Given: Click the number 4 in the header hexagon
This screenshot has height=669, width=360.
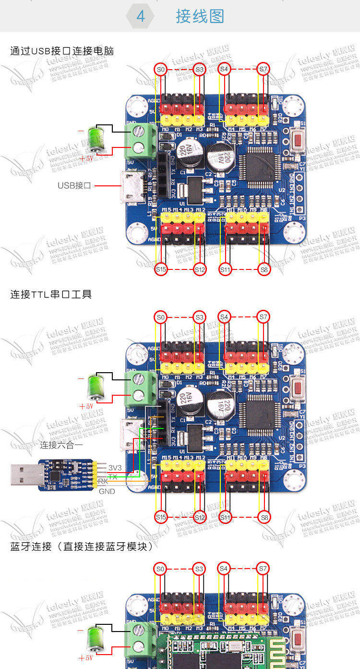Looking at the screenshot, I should (141, 16).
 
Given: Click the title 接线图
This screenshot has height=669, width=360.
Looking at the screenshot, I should (200, 16).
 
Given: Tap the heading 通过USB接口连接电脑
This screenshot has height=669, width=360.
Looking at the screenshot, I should (62, 51).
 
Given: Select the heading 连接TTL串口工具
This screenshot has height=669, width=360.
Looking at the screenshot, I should (51, 294).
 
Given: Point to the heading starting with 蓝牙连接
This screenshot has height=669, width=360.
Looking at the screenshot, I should (81, 547).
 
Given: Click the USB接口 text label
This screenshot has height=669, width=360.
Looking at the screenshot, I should (74, 185).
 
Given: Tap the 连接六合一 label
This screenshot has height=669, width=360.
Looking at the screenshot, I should (61, 445).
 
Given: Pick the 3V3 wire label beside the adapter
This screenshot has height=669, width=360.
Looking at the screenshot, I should (115, 467).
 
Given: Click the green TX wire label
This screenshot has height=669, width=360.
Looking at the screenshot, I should (113, 476).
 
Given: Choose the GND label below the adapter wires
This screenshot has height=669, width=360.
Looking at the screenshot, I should (107, 491).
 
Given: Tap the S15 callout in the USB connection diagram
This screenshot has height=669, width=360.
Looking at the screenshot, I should (161, 270).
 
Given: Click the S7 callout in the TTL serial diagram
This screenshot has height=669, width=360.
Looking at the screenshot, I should (263, 317).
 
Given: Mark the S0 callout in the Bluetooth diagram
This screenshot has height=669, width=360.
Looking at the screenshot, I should (161, 569).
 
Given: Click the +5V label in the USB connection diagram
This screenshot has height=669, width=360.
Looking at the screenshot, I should (87, 158).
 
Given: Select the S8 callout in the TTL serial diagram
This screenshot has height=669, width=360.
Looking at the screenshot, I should (264, 517).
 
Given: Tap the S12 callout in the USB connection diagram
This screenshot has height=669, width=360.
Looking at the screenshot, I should (200, 270).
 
